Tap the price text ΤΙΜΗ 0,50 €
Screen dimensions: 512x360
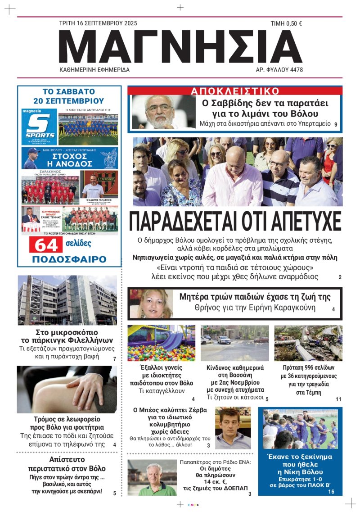tap(286, 24)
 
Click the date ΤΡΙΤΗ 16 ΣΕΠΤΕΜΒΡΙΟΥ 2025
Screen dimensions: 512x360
tap(98, 23)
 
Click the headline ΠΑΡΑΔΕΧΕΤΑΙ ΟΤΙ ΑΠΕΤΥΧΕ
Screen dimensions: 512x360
tap(235, 221)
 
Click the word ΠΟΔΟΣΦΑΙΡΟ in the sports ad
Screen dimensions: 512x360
tap(69, 259)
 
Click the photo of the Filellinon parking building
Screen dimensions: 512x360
tap(67, 300)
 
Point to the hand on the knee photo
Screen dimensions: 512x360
tap(67, 390)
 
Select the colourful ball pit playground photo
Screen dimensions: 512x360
tap(161, 343)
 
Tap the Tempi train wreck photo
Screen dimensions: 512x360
tap(308, 343)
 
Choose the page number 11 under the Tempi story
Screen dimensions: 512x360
tap(338, 399)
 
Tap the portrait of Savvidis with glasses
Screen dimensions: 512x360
tap(161, 111)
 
